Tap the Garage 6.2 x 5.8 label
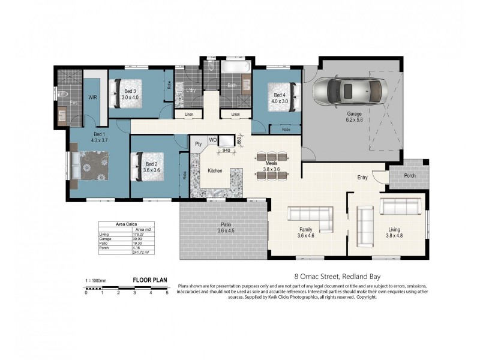click(x=355, y=116)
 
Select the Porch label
click(x=410, y=176)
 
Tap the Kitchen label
click(x=215, y=171)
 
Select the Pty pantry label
click(x=199, y=144)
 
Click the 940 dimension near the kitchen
click(x=226, y=151)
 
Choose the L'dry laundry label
click(x=191, y=90)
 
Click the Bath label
click(x=232, y=85)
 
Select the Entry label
click(x=362, y=178)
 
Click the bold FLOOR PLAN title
click(x=149, y=280)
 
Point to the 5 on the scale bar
click(x=167, y=293)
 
